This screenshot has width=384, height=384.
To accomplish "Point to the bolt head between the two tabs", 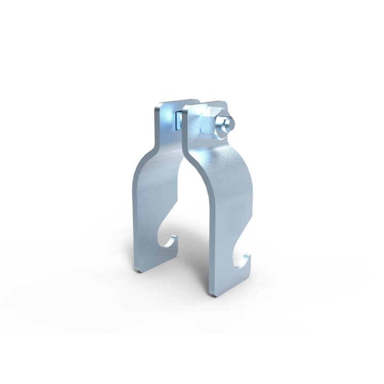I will click(x=177, y=122).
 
